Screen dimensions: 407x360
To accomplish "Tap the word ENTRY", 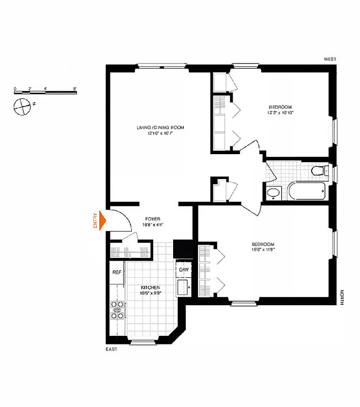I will [95, 219].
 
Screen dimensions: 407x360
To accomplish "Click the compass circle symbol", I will [22, 107].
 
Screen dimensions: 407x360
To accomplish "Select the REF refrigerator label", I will [117, 272].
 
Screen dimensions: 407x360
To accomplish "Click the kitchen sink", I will [182, 287].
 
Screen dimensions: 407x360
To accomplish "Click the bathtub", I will [307, 193].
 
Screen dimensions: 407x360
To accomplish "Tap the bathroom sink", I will [273, 193].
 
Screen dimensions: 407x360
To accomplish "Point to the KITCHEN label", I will [151, 287].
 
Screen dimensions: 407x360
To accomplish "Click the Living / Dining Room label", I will [160, 127].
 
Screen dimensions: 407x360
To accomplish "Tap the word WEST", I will [330, 60].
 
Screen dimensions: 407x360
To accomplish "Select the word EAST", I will [112, 350].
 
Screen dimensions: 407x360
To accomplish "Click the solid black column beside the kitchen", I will [181, 249].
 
